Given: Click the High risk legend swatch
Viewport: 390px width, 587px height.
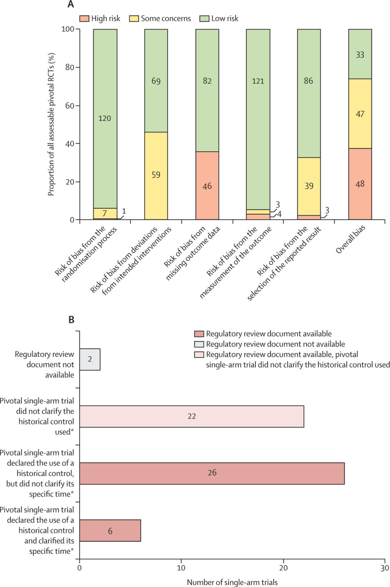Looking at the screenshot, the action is pos(84,19).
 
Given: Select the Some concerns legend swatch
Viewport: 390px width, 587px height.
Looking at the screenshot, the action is pos(134,19).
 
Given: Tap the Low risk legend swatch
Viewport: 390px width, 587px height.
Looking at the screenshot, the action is pos(204,19).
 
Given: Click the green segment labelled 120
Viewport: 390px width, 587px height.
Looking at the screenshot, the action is pos(105,119).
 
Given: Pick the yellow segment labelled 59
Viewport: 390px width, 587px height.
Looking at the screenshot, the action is pos(156,176).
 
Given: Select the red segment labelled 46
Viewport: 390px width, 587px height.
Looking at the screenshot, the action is pos(207,185).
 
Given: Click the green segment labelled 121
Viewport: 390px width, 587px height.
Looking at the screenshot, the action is pos(258,119).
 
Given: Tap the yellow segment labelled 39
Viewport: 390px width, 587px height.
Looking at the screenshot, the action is pos(309,186).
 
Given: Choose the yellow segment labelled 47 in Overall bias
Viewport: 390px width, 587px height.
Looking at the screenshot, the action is pos(360,114).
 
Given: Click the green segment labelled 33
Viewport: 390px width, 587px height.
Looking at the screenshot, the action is pos(360,54).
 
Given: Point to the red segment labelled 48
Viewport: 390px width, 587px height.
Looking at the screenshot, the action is pos(360,184).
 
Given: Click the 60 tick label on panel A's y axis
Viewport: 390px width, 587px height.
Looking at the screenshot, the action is pos(70,106).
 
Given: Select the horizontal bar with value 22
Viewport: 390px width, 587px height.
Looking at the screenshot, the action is pos(192,416).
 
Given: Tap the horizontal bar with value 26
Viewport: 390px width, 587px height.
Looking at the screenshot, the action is pos(212,473).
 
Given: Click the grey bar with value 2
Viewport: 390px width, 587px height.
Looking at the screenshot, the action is pos(90,359).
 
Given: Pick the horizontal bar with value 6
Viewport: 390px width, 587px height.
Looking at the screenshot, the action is pos(110,530).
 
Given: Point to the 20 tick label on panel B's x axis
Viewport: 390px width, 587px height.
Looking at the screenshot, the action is pos(283,568).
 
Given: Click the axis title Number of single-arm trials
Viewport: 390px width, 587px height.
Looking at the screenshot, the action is pos(232,582).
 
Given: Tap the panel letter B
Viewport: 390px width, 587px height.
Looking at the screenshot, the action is pos(71,320).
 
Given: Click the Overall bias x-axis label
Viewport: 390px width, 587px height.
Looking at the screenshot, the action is pos(350,239).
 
